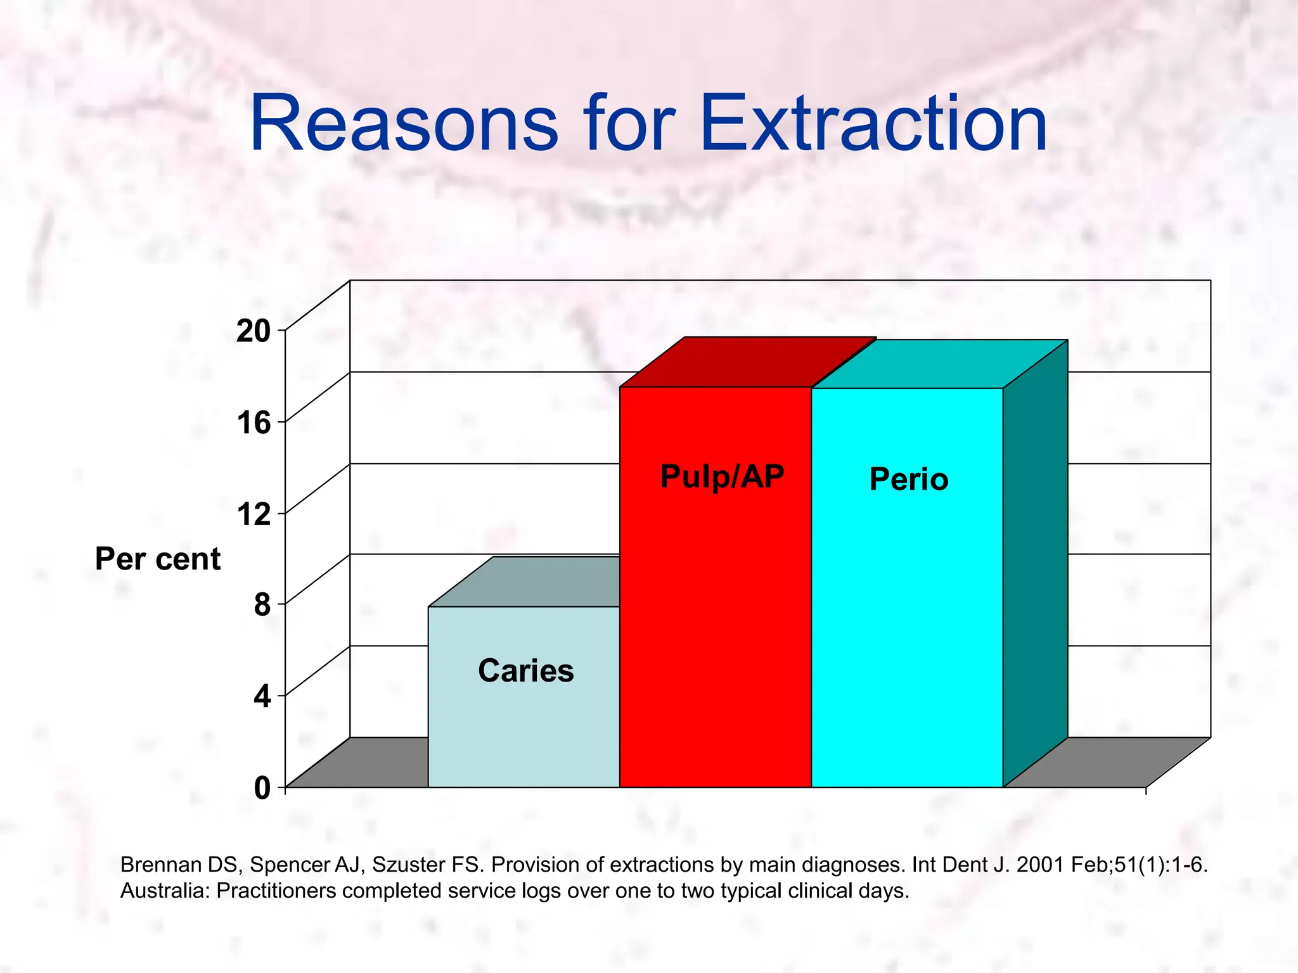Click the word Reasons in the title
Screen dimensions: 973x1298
404,124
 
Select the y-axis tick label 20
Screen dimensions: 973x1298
253,331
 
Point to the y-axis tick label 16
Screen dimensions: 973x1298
254,423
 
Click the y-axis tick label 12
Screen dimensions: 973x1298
254,514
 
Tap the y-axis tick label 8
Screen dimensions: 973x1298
262,605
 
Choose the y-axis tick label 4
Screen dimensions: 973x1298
262,697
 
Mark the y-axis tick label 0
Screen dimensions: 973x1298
262,788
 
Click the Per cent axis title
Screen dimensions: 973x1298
157,559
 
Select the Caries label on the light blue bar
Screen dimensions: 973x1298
525,671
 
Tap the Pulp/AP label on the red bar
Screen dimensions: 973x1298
722,477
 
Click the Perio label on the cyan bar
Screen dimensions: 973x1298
908,480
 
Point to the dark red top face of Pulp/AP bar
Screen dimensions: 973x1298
748,362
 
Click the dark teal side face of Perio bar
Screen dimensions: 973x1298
1035,564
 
